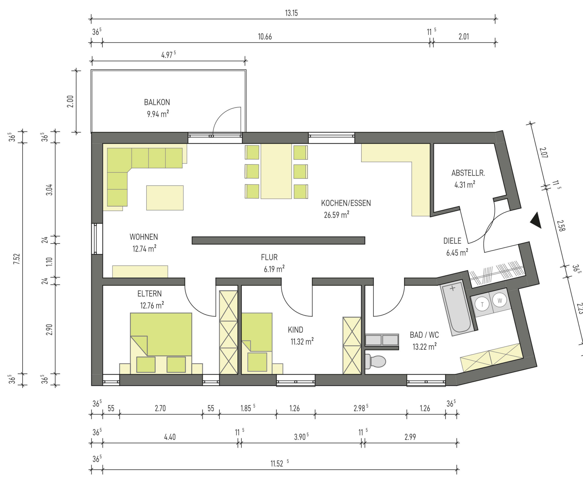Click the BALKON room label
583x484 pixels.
coord(157,102)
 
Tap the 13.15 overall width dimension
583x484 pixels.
coord(291,13)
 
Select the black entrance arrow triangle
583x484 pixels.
coord(536,220)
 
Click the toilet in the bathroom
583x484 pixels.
coord(375,361)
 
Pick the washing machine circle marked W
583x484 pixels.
coord(500,300)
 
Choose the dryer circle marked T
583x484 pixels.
coord(482,304)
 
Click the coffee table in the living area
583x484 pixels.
coord(165,198)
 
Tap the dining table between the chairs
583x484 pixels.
coord(276,171)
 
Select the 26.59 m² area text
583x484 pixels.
coord(336,215)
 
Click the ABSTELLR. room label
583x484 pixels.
coord(468,173)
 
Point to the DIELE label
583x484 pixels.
coord(452,241)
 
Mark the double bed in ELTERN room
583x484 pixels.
coord(161,343)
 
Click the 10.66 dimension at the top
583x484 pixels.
coord(265,37)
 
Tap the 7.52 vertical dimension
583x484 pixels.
coord(17,259)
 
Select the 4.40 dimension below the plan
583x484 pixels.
coord(170,437)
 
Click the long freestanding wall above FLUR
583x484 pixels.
coord(279,241)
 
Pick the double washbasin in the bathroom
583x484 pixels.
coord(382,340)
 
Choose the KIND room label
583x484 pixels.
coord(295,330)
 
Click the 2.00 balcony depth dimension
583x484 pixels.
coord(70,101)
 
